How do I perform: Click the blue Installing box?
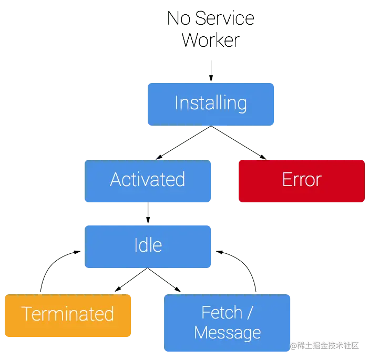click(211, 104)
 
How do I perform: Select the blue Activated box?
click(148, 180)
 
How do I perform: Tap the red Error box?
click(301, 180)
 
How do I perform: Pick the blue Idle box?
click(148, 245)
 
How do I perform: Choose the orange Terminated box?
click(68, 315)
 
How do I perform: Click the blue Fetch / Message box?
click(227, 323)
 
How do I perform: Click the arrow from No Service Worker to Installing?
click(211, 70)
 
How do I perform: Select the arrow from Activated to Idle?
click(148, 213)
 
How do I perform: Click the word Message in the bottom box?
click(227, 332)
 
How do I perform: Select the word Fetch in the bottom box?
click(222, 313)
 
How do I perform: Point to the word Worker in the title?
click(212, 40)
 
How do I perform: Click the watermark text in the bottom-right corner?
click(324, 345)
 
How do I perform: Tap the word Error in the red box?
click(301, 180)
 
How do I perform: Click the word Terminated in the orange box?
click(68, 315)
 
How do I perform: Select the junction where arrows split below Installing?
click(211, 128)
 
